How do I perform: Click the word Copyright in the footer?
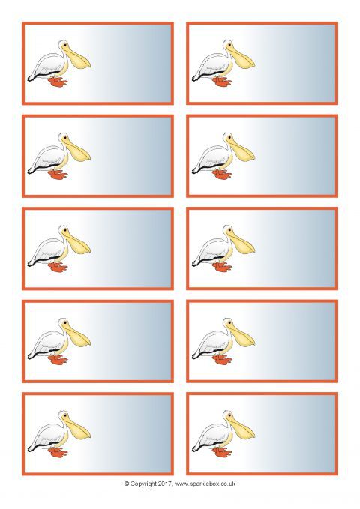coord(143,484)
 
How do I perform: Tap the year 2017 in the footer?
coord(165,484)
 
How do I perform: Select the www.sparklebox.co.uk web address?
coord(205,484)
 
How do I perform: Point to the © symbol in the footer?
coord(127,484)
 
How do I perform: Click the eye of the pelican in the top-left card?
coord(65,44)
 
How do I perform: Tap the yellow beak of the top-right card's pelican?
coord(241,58)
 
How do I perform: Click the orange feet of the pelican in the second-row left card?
coord(58,175)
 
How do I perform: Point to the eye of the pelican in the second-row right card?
coord(229,137)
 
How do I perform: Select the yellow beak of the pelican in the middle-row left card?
coord(76,243)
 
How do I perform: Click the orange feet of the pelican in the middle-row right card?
coord(222,267)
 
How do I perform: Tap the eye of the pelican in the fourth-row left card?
coord(65,322)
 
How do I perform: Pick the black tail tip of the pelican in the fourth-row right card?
coord(194,356)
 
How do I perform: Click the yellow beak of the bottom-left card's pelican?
coord(76,428)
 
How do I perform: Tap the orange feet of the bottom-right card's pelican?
coord(222,452)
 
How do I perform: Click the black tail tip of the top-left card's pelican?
coord(29,79)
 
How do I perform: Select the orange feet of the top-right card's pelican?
coord(222,82)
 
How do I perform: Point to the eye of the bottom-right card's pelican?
coord(229,415)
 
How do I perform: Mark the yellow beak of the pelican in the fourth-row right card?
coord(241,336)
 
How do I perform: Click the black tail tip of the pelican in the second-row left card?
coord(29,171)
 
